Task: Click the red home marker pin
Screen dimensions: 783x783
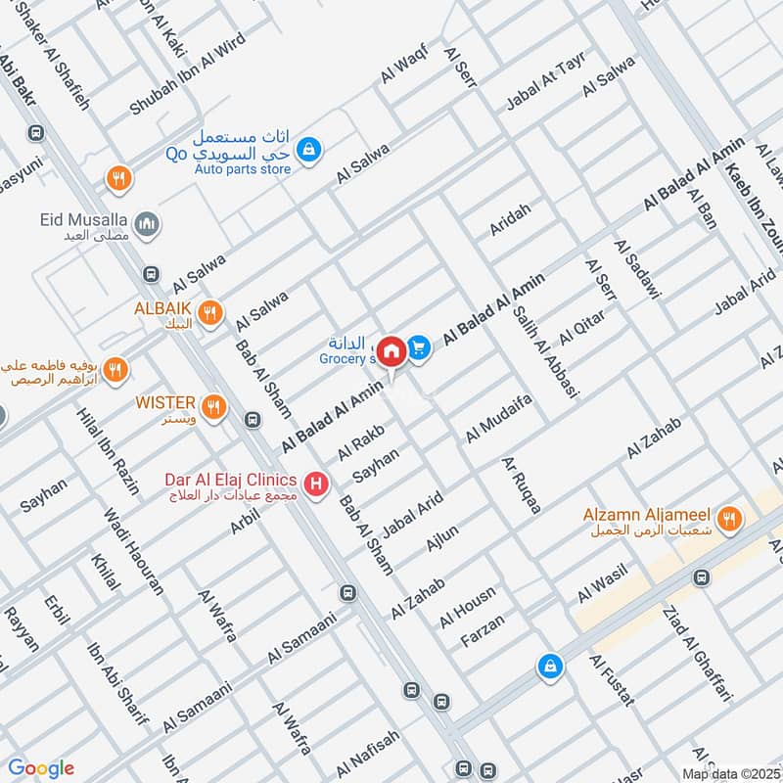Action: coord(391,349)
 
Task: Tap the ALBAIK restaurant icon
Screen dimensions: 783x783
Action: coord(208,313)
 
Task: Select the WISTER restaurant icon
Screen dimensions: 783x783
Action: coord(212,403)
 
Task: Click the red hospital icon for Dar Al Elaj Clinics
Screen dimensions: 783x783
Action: coord(315,483)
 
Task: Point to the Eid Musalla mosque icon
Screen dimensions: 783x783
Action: coord(148,224)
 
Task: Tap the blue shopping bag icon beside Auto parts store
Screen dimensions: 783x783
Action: coord(308,149)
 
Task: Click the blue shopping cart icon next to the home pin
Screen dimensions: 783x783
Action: coord(419,347)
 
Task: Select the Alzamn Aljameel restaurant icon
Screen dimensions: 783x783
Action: coord(727,519)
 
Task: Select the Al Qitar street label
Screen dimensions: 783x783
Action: coord(582,327)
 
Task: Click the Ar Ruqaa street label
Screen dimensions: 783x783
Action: coord(521,484)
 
